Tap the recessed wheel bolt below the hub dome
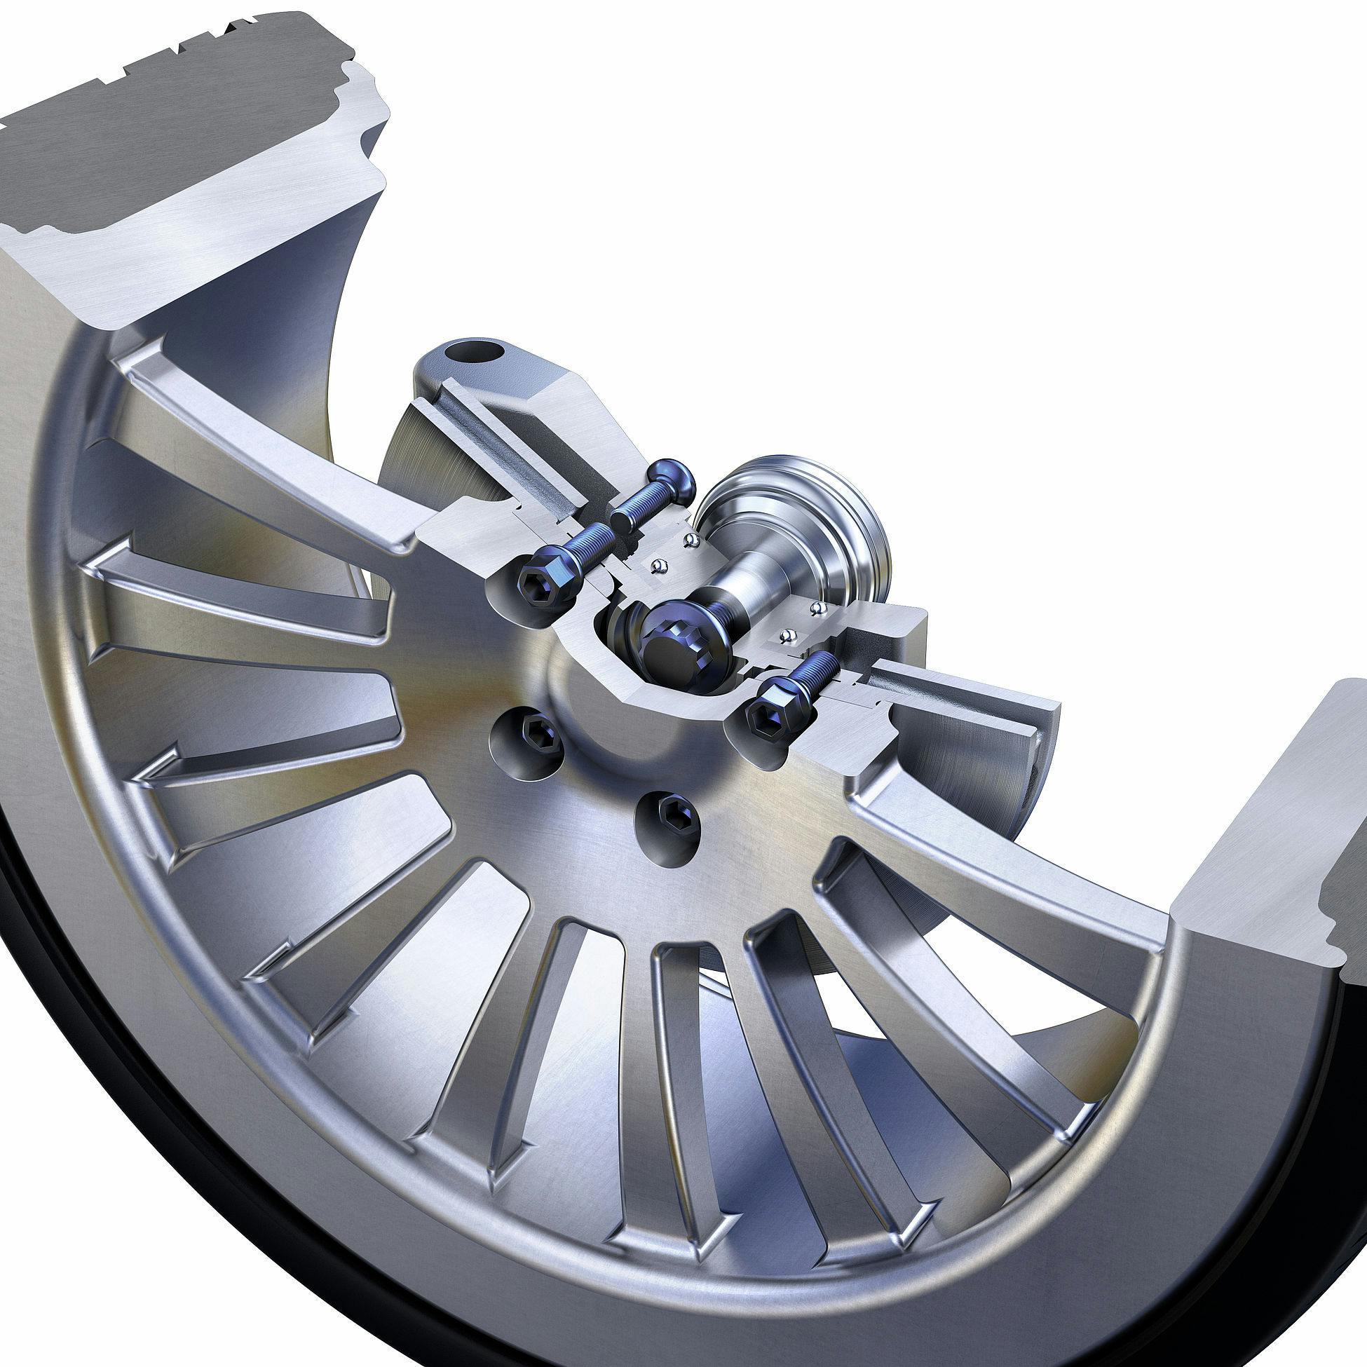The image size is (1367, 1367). (x=668, y=819)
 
